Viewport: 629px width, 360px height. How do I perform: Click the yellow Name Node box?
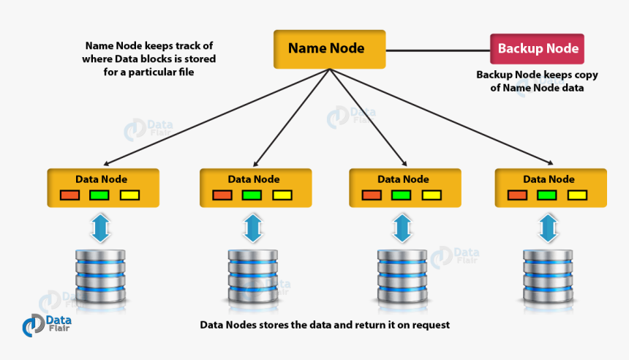(x=329, y=49)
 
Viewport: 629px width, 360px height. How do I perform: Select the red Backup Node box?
(x=537, y=49)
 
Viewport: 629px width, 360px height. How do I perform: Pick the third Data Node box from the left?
(x=404, y=188)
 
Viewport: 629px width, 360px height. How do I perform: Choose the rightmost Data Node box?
(x=550, y=188)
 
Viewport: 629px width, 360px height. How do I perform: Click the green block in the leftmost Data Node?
(x=99, y=195)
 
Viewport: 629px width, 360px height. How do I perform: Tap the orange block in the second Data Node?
(x=222, y=195)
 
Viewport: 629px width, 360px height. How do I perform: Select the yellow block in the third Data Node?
(x=432, y=195)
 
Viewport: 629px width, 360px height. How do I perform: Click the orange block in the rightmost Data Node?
(x=517, y=195)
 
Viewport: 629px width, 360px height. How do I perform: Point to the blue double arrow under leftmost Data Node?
(x=100, y=228)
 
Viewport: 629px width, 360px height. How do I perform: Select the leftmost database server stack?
(x=101, y=277)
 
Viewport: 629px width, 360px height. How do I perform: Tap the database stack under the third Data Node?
(x=402, y=277)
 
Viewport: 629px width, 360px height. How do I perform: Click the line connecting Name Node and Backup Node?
(x=437, y=50)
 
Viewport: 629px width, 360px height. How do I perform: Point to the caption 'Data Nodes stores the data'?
(x=325, y=324)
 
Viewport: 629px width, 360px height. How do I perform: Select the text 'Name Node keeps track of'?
(x=149, y=45)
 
